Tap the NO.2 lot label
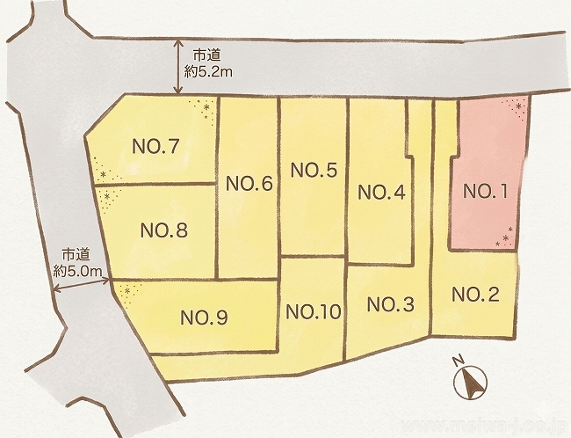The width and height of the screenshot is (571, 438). point(475,295)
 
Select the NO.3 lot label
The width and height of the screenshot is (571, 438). point(390,304)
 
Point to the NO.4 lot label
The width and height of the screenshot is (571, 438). point(382,193)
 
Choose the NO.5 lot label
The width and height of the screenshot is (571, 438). point(314,171)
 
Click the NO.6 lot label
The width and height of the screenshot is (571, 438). point(249,184)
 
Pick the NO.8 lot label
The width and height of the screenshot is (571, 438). point(164,230)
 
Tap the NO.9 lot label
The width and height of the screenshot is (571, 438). point(204,318)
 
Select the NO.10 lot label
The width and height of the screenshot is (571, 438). point(313,311)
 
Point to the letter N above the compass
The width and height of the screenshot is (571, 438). point(458,361)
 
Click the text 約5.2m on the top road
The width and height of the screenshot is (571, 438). point(211,69)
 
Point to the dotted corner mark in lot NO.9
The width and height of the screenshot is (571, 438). point(128,293)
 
